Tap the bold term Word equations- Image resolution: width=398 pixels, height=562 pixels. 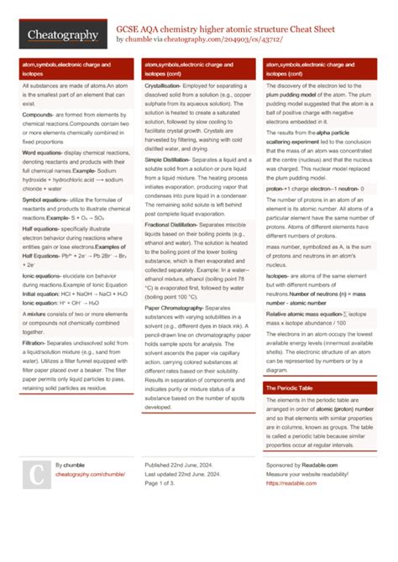click(x=43, y=154)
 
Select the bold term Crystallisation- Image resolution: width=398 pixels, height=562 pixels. click(x=167, y=86)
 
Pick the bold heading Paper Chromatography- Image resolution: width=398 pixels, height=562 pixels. click(x=174, y=306)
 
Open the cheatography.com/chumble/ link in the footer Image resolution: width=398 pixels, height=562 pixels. click(x=84, y=474)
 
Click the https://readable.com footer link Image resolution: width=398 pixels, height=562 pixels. click(x=286, y=483)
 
